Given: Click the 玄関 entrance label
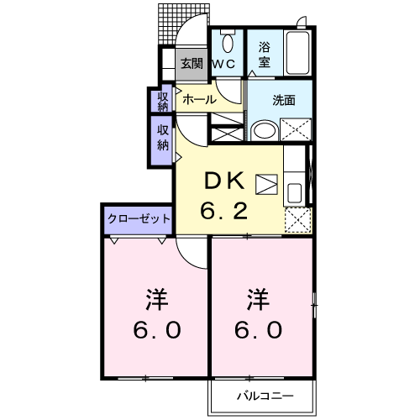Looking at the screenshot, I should tap(192, 63).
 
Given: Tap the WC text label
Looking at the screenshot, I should tap(223, 63).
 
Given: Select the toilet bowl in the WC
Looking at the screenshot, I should tap(226, 41).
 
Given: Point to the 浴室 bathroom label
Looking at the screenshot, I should tap(265, 55).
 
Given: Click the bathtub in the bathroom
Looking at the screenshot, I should tap(298, 54).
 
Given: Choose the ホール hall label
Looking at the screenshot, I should tap(199, 99).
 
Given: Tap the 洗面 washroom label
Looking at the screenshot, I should tap(284, 99).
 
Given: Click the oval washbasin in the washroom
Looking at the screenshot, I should tap(265, 130).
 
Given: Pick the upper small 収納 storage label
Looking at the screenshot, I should tap(162, 101).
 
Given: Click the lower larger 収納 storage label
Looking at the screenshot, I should tap(162, 139).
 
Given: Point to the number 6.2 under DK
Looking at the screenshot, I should tap(223, 210).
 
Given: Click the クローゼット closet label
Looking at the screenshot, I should tap(139, 218).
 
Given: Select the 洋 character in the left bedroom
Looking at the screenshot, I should tap(156, 297).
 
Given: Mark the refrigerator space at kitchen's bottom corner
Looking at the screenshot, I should tap(296, 220).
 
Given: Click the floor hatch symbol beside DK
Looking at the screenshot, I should tap(266, 185).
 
